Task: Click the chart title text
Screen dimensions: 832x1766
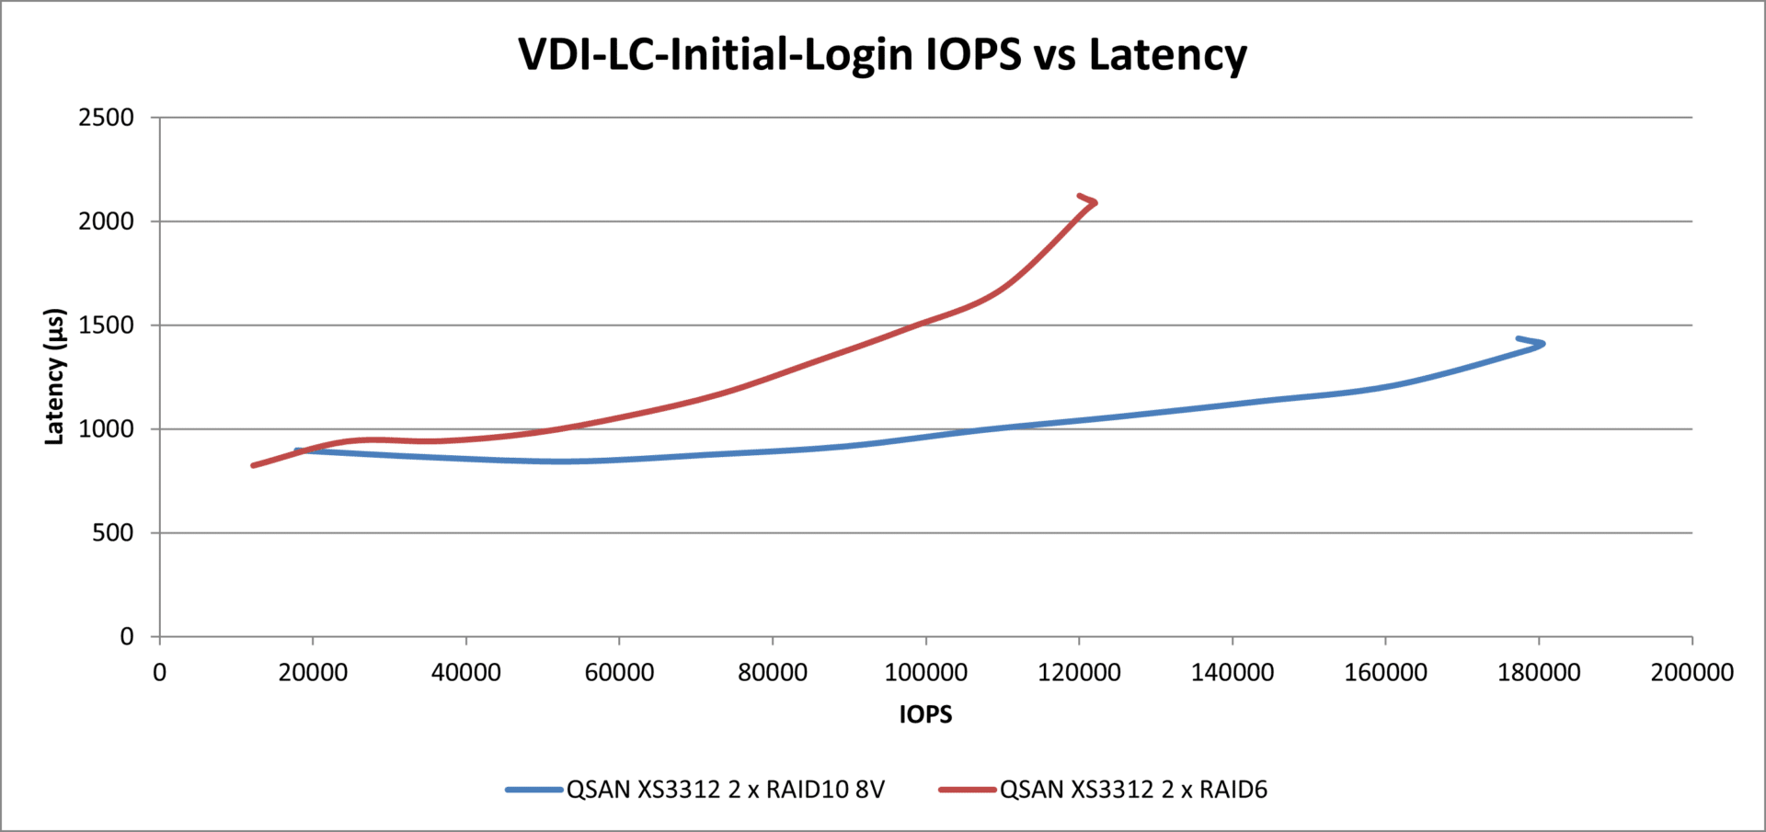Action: [882, 54]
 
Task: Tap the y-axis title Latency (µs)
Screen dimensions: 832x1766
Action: [55, 377]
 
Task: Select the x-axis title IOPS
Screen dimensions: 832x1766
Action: [925, 714]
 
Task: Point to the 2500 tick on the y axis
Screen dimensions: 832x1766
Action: [107, 118]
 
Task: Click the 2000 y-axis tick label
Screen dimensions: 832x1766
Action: [107, 222]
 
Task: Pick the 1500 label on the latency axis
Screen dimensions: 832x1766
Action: [107, 325]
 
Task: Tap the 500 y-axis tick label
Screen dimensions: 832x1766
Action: [113, 533]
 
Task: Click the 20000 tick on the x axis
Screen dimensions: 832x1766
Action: [313, 672]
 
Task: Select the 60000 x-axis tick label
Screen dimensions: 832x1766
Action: [619, 672]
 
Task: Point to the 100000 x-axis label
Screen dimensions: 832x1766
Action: [925, 672]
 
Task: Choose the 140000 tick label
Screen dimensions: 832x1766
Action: [1233, 672]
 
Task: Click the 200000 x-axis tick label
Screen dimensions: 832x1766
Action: [1691, 672]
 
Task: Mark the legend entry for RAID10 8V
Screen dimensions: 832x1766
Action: [725, 790]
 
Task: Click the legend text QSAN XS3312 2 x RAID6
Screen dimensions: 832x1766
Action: [1133, 790]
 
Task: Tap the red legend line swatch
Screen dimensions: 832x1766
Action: [968, 790]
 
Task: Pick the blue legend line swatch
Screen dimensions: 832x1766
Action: [534, 790]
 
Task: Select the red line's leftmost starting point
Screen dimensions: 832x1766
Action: [254, 465]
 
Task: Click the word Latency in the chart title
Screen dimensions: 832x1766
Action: [1167, 54]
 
